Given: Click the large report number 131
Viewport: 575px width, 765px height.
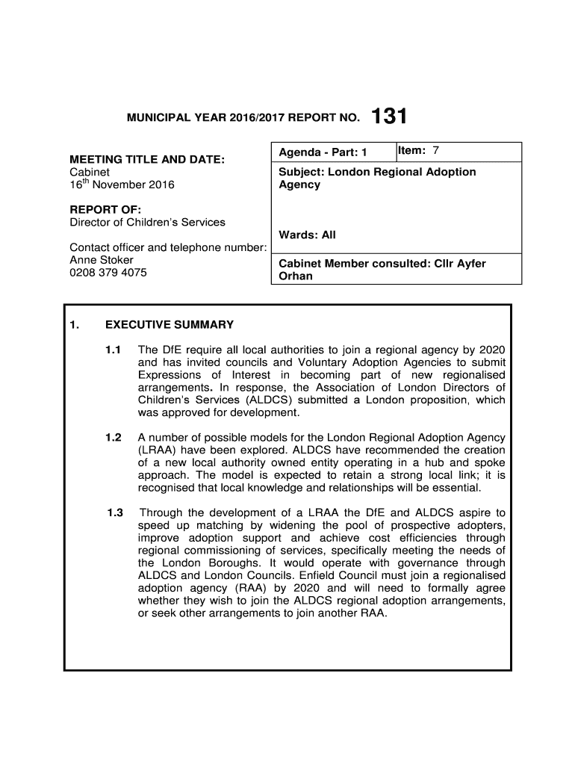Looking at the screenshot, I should pos(389,117).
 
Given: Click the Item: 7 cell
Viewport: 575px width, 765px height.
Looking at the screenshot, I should pos(417,152).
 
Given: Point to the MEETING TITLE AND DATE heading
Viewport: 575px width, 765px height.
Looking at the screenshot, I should pos(147,160).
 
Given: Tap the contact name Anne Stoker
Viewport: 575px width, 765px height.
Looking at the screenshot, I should pos(102,260).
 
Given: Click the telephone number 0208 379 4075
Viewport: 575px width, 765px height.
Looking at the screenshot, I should pos(108,273).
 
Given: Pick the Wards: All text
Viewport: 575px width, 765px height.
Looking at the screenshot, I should pos(307,235).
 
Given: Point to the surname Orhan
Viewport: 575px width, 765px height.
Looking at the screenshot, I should pos(296,276).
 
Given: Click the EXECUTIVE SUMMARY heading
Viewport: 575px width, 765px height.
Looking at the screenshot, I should pos(170,325).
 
